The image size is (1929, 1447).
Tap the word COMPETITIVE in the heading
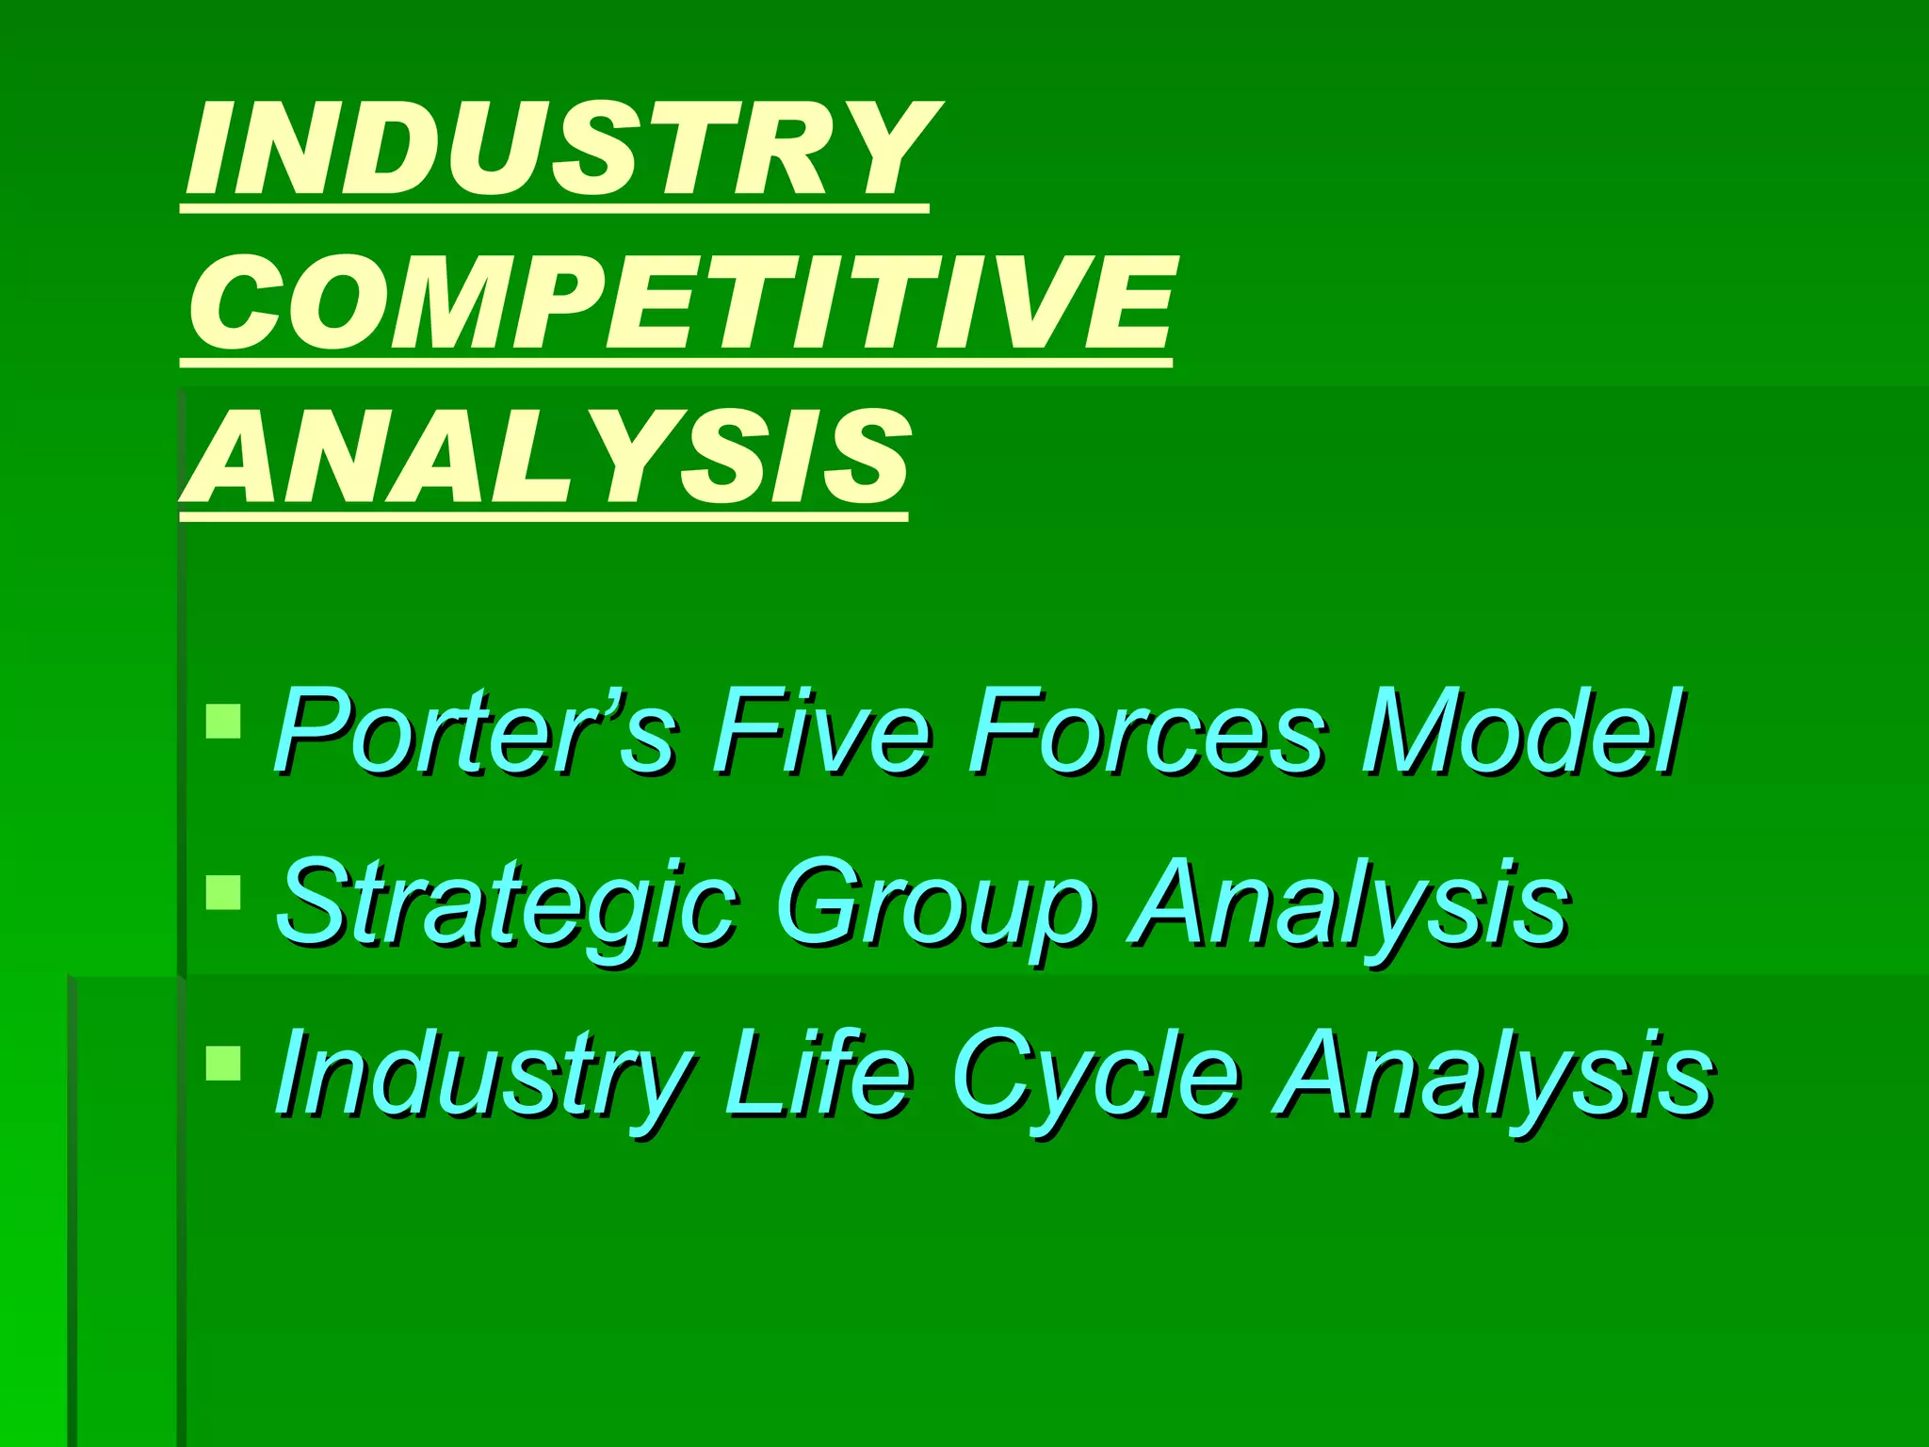(x=680, y=302)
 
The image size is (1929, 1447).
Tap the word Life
(x=818, y=1074)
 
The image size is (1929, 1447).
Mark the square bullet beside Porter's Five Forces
(x=223, y=722)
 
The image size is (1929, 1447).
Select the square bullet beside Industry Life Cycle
(x=223, y=1064)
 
